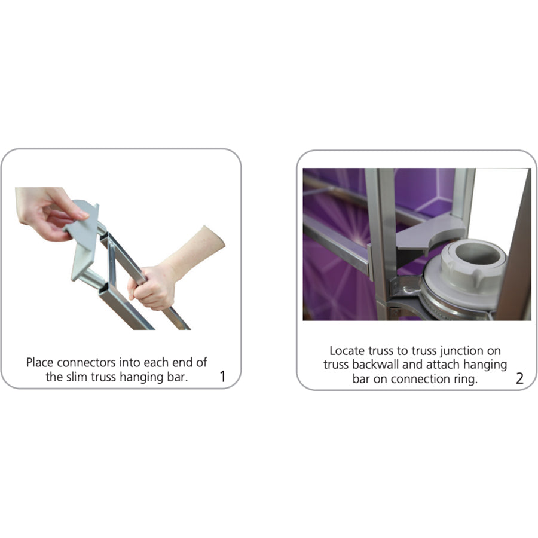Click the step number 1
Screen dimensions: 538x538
tap(223, 377)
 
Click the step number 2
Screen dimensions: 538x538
tap(520, 378)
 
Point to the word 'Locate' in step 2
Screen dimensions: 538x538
tap(347, 351)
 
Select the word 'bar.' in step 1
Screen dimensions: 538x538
tap(178, 377)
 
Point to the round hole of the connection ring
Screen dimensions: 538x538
tap(478, 253)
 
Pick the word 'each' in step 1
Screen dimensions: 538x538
tap(157, 362)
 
